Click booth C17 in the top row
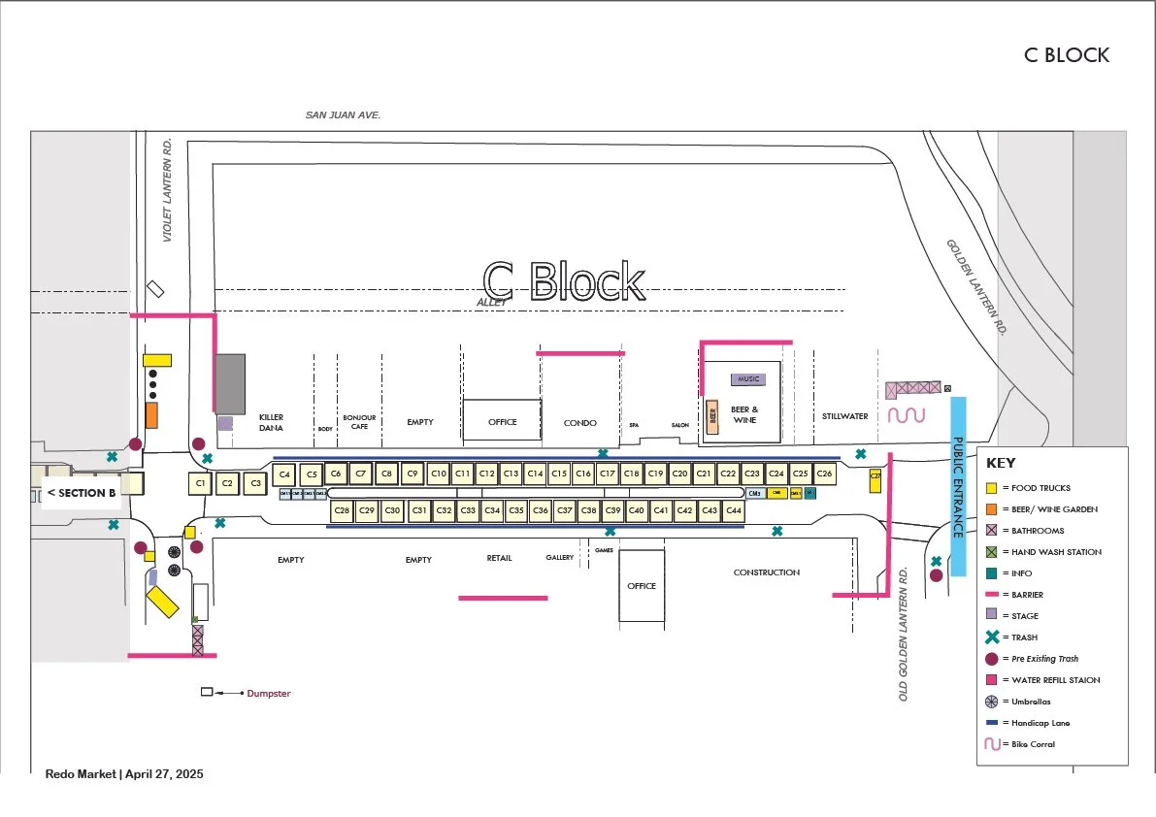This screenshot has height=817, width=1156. pyautogui.click(x=607, y=474)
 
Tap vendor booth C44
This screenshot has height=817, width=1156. pyautogui.click(x=733, y=509)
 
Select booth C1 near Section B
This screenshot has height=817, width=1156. pyautogui.click(x=200, y=482)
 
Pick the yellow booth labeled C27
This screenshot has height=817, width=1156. pyautogui.click(x=875, y=478)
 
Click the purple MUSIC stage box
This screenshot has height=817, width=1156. pyautogui.click(x=747, y=378)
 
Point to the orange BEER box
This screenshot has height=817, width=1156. pyautogui.click(x=712, y=417)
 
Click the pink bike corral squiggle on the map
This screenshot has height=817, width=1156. pyautogui.click(x=907, y=415)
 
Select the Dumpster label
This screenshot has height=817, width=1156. pyautogui.click(x=268, y=693)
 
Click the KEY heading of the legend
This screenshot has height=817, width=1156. pyautogui.click(x=1001, y=463)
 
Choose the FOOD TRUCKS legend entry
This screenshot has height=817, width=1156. pyautogui.click(x=1036, y=488)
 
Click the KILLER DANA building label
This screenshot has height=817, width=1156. pyautogui.click(x=271, y=422)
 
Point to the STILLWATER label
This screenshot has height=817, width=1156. pyautogui.click(x=844, y=416)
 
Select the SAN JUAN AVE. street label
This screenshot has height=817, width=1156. pyautogui.click(x=343, y=114)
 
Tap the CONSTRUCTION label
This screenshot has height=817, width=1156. pyautogui.click(x=766, y=572)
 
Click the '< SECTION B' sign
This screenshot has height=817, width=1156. pyautogui.click(x=82, y=493)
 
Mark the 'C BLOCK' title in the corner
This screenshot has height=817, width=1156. pyautogui.click(x=1066, y=54)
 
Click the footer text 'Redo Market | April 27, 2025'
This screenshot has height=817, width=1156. pyautogui.click(x=124, y=774)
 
